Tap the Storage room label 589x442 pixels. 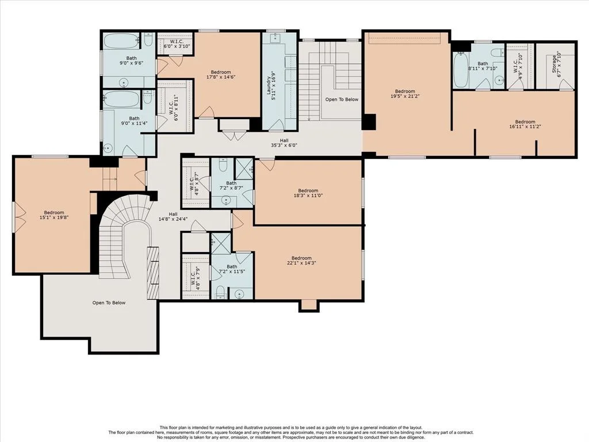click(x=556, y=65)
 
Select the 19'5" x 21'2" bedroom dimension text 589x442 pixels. click(x=405, y=96)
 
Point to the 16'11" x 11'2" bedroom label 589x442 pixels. click(x=525, y=124)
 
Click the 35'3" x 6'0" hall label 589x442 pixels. click(x=284, y=143)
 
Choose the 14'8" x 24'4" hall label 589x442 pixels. click(x=173, y=217)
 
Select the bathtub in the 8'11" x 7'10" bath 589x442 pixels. click(x=461, y=70)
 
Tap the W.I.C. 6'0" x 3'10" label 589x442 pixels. click(x=176, y=44)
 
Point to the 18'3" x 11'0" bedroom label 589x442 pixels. click(x=308, y=193)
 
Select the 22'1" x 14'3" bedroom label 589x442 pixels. click(x=301, y=261)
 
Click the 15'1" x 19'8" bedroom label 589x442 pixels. click(x=54, y=215)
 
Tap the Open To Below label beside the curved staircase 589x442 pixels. click(x=109, y=303)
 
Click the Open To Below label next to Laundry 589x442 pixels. click(x=342, y=100)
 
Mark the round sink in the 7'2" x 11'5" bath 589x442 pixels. click(x=239, y=294)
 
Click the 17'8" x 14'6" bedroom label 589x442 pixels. click(x=221, y=74)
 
